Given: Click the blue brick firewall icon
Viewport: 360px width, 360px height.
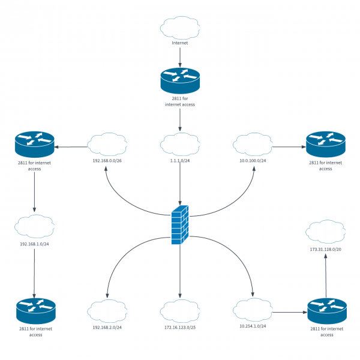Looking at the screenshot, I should [x=179, y=226].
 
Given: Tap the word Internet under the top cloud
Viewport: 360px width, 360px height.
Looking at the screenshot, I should [x=180, y=43].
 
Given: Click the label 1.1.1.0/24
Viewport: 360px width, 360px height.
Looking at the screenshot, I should [x=180, y=161].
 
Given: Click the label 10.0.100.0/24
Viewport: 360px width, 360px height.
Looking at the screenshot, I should [x=253, y=161].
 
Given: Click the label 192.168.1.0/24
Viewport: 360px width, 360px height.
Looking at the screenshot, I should [x=34, y=244].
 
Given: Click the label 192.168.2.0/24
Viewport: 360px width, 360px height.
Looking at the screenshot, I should [x=107, y=328].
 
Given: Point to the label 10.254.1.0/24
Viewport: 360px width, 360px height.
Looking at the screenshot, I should [x=253, y=326].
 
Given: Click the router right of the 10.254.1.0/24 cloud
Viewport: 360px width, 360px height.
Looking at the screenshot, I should [x=326, y=311].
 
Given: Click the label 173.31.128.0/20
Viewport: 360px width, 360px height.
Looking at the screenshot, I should [x=326, y=249].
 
